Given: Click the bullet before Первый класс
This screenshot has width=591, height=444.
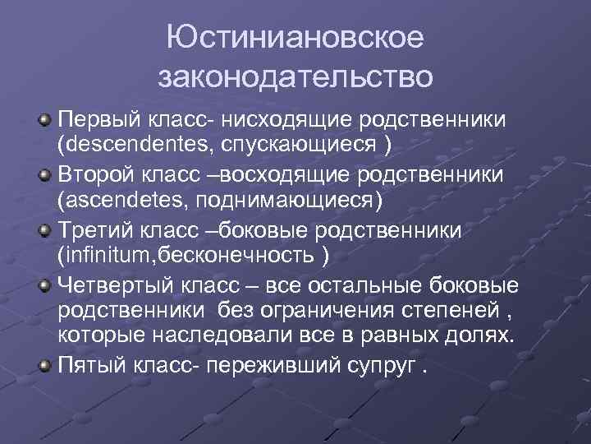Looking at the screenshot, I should click(x=47, y=120).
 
